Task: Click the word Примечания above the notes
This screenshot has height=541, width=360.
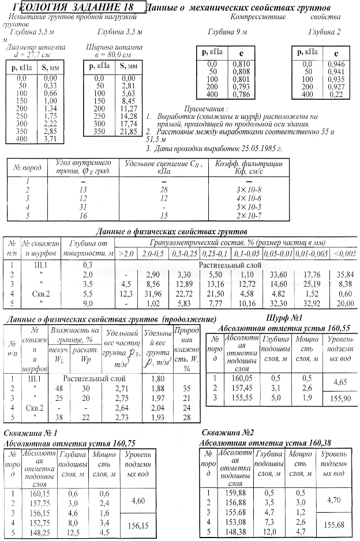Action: point(206,108)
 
